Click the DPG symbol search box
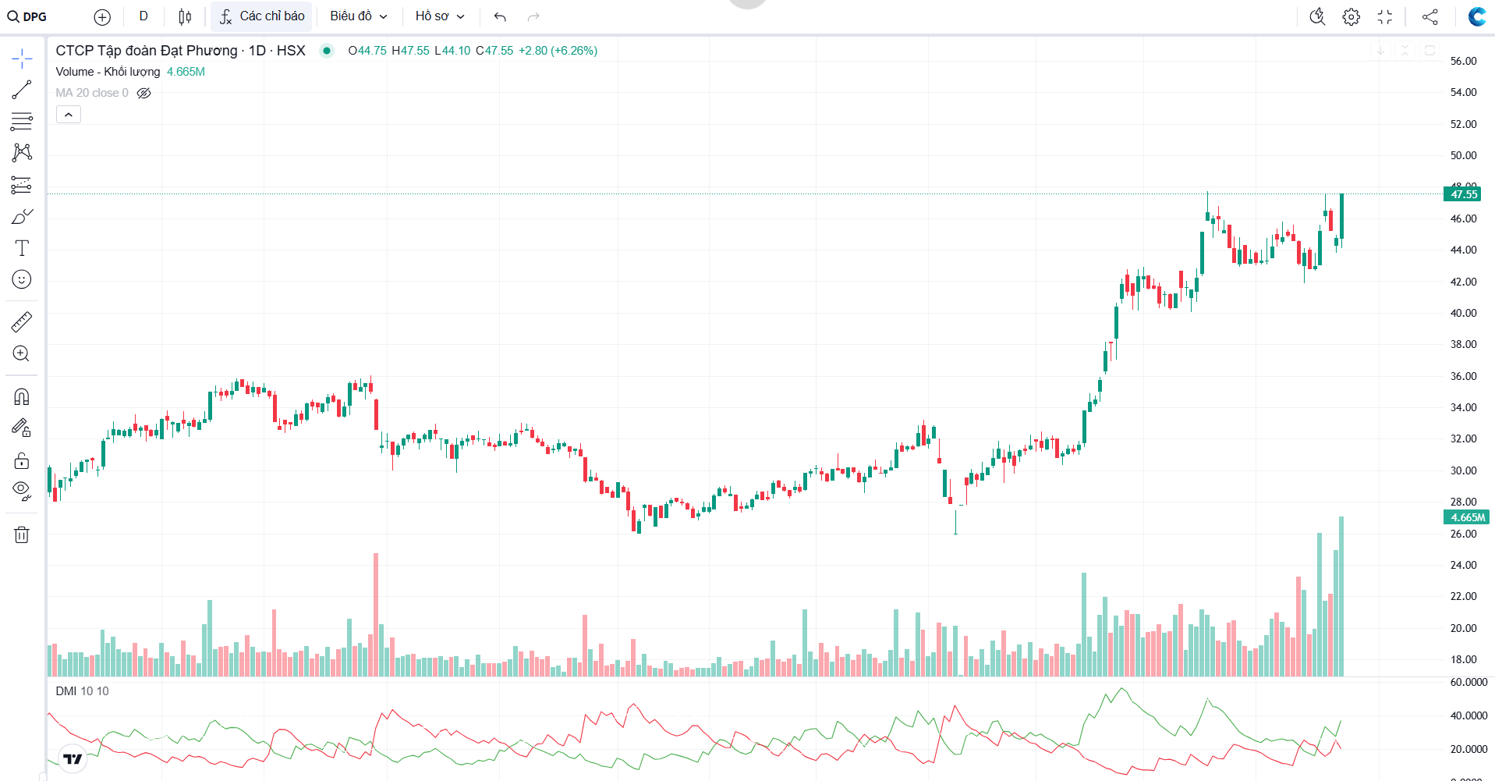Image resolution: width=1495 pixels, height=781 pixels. pyautogui.click(x=28, y=16)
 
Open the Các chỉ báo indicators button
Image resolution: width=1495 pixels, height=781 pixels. pyautogui.click(x=262, y=16)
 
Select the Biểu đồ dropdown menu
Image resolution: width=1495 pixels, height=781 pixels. pyautogui.click(x=358, y=16)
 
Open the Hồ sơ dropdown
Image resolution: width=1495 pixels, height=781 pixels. pyautogui.click(x=439, y=16)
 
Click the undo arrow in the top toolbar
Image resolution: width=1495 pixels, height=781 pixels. pyautogui.click(x=500, y=16)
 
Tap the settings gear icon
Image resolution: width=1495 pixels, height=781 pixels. pyautogui.click(x=1351, y=16)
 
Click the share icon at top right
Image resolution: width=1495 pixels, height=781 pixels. pyautogui.click(x=1429, y=16)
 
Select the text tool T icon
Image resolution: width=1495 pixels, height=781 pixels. pyautogui.click(x=22, y=248)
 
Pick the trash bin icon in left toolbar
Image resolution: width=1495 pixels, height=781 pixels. pyautogui.click(x=22, y=534)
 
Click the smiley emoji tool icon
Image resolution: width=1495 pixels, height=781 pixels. pyautogui.click(x=22, y=279)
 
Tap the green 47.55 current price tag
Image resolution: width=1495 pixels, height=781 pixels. pyautogui.click(x=1463, y=194)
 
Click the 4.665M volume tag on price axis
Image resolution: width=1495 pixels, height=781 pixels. pyautogui.click(x=1466, y=517)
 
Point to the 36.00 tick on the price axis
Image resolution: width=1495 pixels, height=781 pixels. pyautogui.click(x=1463, y=376)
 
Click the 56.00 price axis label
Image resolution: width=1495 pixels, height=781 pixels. pyautogui.click(x=1463, y=61)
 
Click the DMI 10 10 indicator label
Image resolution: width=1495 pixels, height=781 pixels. pyautogui.click(x=82, y=691)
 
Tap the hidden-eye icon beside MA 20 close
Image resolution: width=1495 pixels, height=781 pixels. pyautogui.click(x=144, y=93)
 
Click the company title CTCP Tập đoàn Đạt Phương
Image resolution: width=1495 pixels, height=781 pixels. pyautogui.click(x=147, y=51)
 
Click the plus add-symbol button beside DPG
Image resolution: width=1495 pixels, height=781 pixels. pyautogui.click(x=102, y=16)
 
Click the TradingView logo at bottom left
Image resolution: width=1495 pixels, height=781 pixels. pyautogui.click(x=73, y=758)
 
